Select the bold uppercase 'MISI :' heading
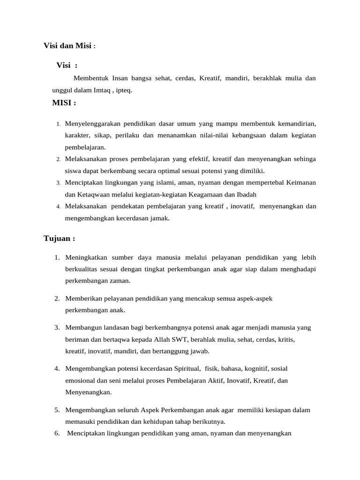point(64,103)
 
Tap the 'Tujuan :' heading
point(59,238)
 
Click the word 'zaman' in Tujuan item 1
point(119,281)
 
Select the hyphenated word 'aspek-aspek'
point(255,298)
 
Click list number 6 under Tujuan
point(57,433)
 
